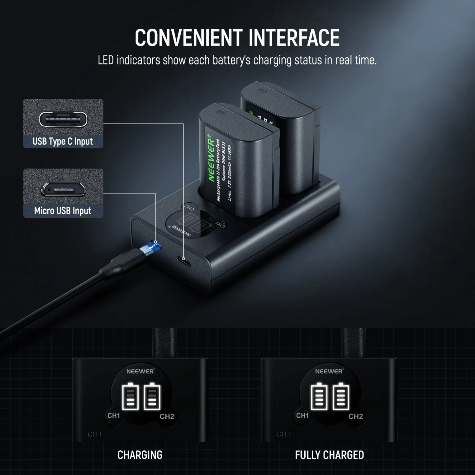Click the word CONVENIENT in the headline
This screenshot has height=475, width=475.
pyautogui.click(x=188, y=38)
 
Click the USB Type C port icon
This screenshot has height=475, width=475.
pyautogui.click(x=63, y=119)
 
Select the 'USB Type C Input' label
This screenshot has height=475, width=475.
pyautogui.click(x=63, y=141)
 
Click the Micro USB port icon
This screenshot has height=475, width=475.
pyautogui.click(x=63, y=189)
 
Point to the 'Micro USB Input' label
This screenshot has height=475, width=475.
pyautogui.click(x=63, y=211)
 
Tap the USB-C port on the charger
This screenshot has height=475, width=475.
pyautogui.click(x=184, y=261)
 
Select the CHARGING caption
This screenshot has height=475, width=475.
pyautogui.click(x=140, y=455)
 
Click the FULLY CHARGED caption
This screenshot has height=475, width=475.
pyautogui.click(x=329, y=455)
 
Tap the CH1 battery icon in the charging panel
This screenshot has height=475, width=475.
pyautogui.click(x=130, y=396)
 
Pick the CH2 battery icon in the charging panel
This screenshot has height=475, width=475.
pyautogui.click(x=152, y=396)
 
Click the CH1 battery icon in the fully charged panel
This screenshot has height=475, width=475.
pyautogui.click(x=319, y=396)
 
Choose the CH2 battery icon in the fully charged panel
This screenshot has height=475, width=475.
pyautogui.click(x=341, y=396)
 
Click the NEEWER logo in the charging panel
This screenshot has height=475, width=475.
pyautogui.click(x=140, y=371)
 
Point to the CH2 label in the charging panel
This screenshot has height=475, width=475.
pyautogui.click(x=167, y=416)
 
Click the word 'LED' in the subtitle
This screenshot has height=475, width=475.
pyautogui.click(x=106, y=60)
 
